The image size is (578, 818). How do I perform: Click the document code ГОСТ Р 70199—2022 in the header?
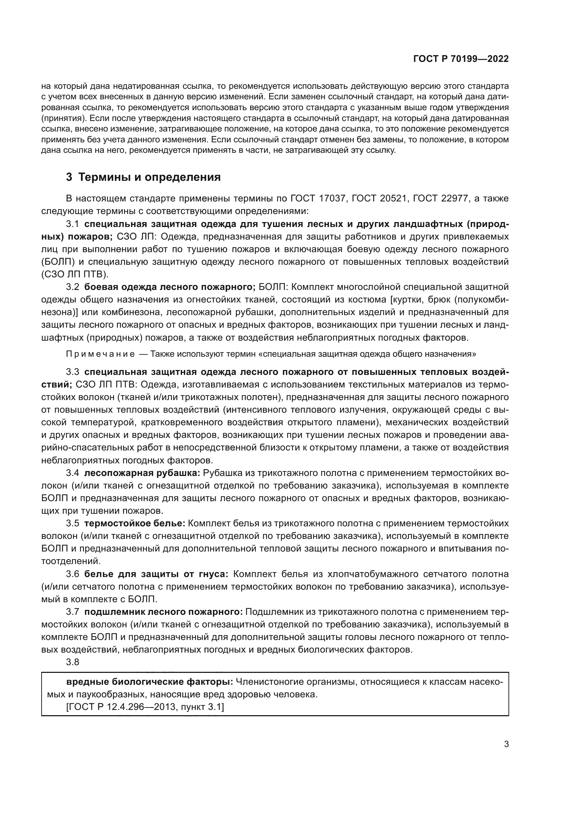(461, 59)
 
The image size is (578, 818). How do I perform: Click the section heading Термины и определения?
(149, 177)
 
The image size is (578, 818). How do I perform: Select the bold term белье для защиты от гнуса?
(156, 574)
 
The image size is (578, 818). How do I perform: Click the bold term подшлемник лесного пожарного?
(163, 612)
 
